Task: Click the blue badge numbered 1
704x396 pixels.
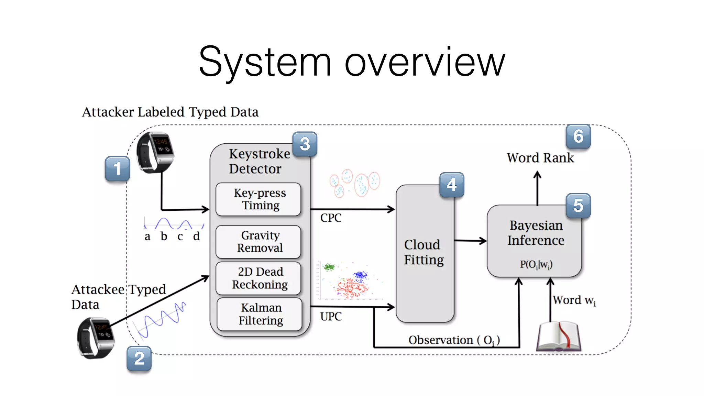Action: (x=117, y=168)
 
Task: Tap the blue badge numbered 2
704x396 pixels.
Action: (x=139, y=358)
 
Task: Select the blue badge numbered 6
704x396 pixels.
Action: (x=578, y=136)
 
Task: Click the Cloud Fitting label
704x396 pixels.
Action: (x=424, y=252)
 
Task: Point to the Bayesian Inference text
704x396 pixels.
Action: (x=536, y=233)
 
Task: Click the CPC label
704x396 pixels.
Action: (x=331, y=218)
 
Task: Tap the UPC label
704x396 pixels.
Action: (x=331, y=317)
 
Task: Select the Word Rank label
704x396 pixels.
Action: (x=540, y=158)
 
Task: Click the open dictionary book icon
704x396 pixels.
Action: (x=558, y=337)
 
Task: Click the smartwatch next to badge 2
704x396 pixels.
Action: (x=95, y=338)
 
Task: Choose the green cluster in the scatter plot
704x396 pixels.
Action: (x=329, y=267)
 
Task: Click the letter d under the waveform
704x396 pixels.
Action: (x=196, y=236)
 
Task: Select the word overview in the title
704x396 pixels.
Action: (x=425, y=62)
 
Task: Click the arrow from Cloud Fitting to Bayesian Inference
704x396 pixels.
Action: (x=470, y=241)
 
